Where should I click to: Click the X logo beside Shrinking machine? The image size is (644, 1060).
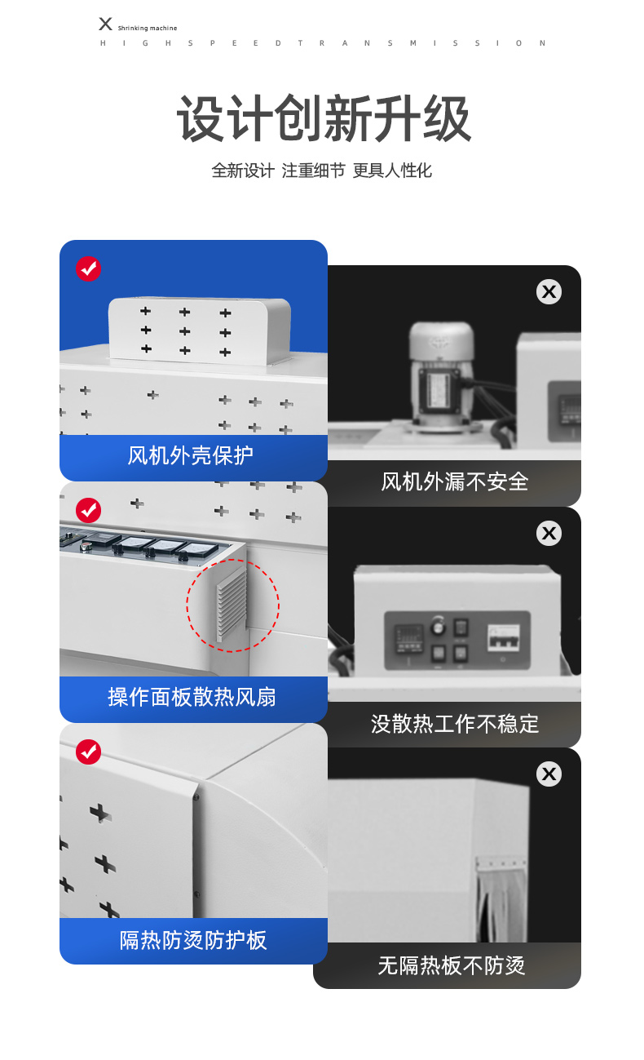click(105, 24)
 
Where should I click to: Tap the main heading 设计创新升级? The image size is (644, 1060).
click(324, 118)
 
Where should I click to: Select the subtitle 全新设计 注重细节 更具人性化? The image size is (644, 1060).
click(321, 171)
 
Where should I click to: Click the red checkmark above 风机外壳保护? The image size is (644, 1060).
click(88, 268)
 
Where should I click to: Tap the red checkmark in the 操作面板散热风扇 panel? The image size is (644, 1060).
click(88, 510)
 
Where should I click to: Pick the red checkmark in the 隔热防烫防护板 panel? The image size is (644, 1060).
click(88, 752)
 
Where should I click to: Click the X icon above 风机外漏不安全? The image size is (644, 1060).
click(549, 291)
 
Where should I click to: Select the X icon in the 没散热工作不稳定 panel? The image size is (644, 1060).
click(549, 534)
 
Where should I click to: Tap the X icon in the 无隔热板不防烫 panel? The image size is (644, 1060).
click(549, 774)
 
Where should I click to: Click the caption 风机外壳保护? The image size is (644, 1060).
click(191, 456)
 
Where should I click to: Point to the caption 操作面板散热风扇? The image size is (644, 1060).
click(192, 698)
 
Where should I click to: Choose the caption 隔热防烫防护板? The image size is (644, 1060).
click(193, 940)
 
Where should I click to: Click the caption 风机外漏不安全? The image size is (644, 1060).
click(454, 482)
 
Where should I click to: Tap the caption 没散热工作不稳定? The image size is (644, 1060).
click(455, 724)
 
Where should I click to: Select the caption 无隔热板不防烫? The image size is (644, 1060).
click(452, 966)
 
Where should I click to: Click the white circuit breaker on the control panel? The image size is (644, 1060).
click(504, 637)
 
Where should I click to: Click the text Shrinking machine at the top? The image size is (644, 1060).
click(148, 29)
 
